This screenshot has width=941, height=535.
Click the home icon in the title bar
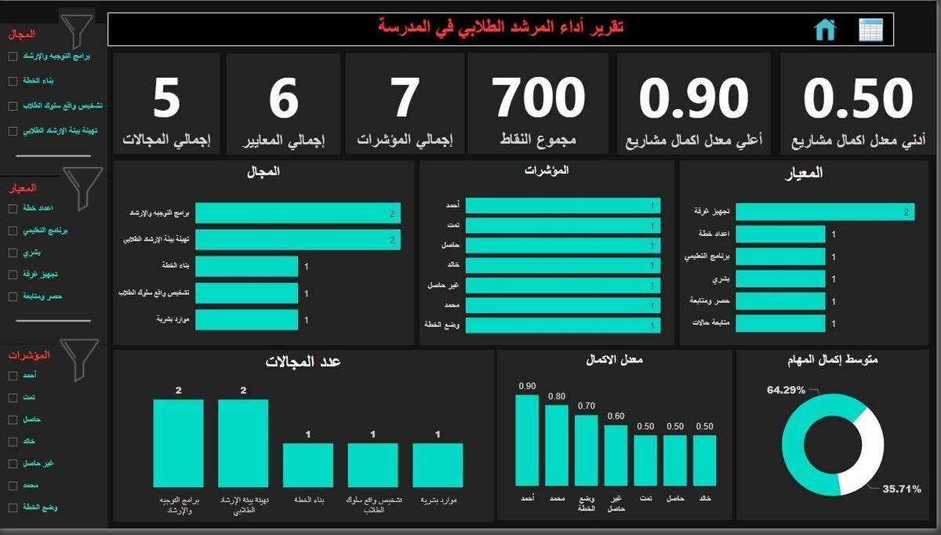coord(825,30)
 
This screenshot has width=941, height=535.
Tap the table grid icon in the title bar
coord(870,30)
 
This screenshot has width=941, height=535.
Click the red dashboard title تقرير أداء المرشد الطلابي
coord(501,27)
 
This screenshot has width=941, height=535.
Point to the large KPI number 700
coord(540,98)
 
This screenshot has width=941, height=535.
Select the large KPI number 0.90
coord(693,98)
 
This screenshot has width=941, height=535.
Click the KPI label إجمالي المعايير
coord(283,142)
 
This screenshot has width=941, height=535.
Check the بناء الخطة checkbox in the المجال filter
coord(13,81)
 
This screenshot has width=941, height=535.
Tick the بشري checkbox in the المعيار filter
coord(13,253)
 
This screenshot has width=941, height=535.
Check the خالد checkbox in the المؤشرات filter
coord(13,442)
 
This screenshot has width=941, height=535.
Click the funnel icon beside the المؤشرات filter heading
coord(79,359)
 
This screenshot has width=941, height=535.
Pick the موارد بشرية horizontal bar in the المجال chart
coord(246,319)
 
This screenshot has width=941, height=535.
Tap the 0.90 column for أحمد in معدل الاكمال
coord(527,441)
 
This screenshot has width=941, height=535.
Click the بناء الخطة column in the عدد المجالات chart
coord(307,465)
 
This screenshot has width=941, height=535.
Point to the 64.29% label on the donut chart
coord(787,390)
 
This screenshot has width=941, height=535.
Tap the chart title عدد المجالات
coord(303,362)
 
